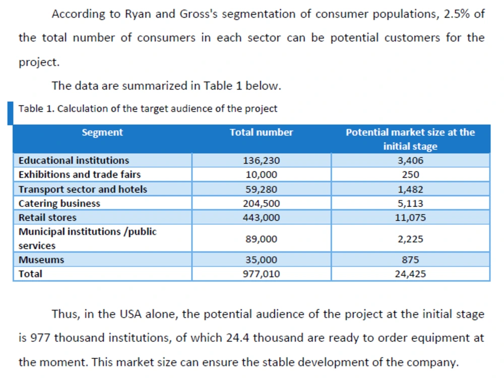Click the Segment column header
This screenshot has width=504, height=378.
point(102,132)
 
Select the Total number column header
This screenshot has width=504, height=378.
point(261,132)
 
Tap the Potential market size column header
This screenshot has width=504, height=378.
point(410,139)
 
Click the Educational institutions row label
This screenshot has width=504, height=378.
point(74,160)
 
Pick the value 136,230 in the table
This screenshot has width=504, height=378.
point(261,160)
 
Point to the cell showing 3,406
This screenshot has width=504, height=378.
point(410,160)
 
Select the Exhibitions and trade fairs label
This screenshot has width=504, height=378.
point(80,174)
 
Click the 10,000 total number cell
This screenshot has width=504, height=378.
point(261,174)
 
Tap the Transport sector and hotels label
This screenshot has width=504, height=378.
point(83,189)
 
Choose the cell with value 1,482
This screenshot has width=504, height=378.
point(410,190)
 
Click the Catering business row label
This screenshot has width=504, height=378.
point(59,204)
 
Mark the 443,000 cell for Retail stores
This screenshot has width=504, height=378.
point(261,218)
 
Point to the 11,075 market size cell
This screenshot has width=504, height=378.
point(410,218)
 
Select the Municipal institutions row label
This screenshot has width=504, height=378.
point(87,238)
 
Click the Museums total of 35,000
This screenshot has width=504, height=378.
point(261,260)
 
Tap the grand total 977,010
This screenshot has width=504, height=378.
point(261,274)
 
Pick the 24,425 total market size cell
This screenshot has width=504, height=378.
point(410,274)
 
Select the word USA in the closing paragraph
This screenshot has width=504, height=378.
point(131,313)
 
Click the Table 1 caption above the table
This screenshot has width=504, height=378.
point(148,109)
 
